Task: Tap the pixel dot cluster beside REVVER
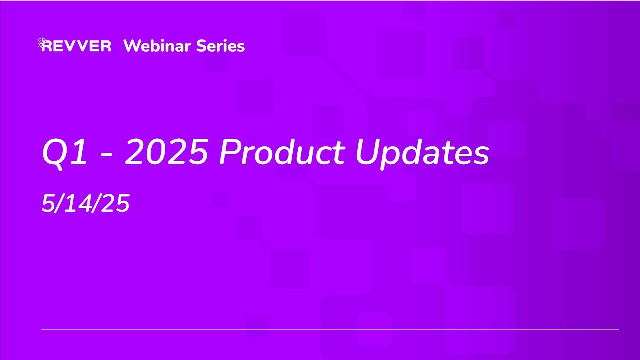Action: [x=42, y=42]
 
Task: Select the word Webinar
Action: [x=157, y=46]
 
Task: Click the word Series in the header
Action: [x=220, y=46]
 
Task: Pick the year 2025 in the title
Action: [x=166, y=152]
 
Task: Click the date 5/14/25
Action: [x=86, y=204]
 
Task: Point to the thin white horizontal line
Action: [x=330, y=329]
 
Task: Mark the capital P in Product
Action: [x=229, y=152]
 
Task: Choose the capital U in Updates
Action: [x=367, y=152]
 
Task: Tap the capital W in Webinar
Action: [x=132, y=46]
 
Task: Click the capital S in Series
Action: [x=201, y=46]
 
